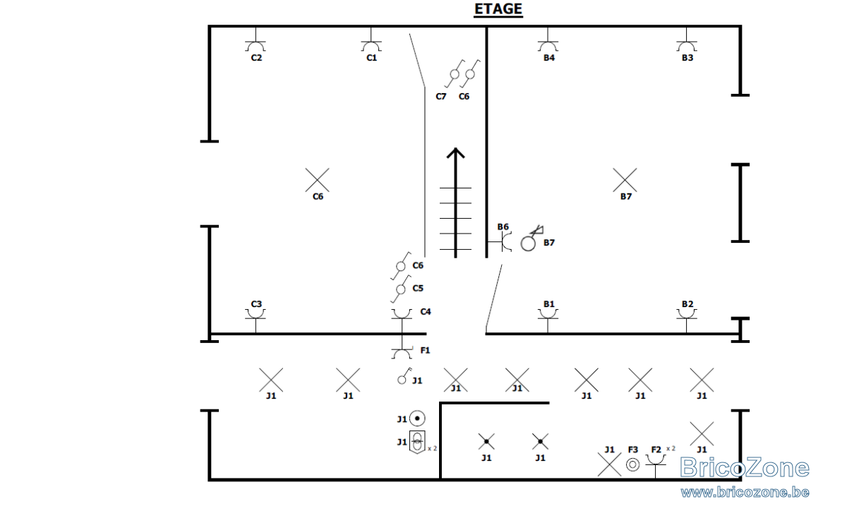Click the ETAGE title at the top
(x=498, y=9)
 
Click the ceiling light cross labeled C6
(x=317, y=180)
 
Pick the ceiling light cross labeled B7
(x=625, y=180)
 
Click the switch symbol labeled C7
(x=454, y=73)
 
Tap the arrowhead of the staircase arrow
(x=456, y=152)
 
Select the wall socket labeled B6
(x=502, y=241)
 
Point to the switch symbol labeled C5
(x=401, y=289)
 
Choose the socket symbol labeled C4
(x=402, y=316)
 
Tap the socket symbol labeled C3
(x=256, y=316)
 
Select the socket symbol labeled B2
(x=687, y=316)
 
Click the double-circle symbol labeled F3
(x=632, y=464)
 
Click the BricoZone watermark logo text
(x=744, y=467)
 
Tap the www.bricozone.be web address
(x=745, y=492)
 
